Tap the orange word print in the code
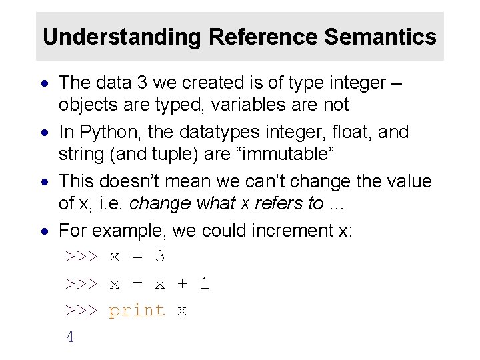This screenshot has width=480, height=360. point(137,310)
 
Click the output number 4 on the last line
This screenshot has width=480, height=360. point(70,337)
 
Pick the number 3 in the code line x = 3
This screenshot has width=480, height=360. point(159,257)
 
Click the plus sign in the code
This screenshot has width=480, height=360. point(182,283)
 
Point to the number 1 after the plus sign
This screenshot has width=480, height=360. point(205,283)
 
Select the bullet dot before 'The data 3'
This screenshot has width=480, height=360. point(44,84)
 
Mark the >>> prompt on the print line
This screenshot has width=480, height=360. point(81,310)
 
